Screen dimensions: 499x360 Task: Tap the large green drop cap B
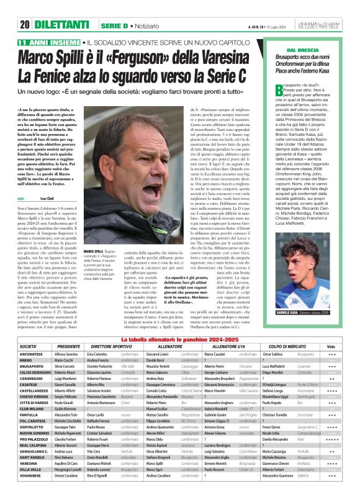point(279,91)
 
